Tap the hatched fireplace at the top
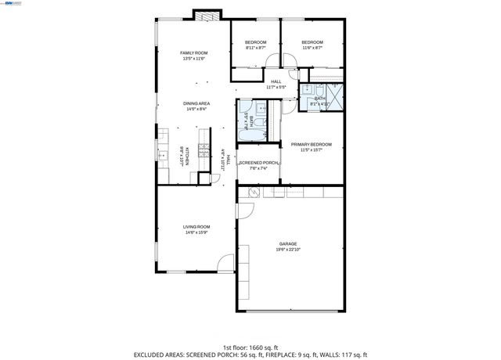coord(206,15)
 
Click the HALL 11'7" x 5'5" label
coord(276,84)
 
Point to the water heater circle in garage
coord(254,191)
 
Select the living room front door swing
coord(225,263)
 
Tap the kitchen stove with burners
coord(204,151)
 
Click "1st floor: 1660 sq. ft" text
coord(250,347)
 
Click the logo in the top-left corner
coord(11,4)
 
